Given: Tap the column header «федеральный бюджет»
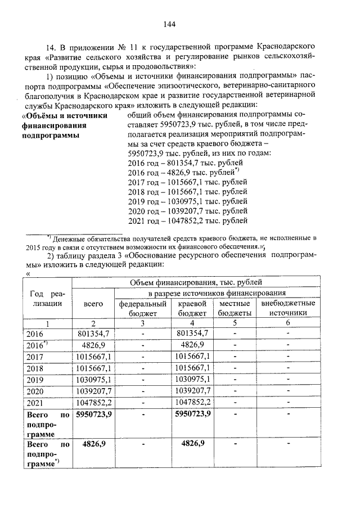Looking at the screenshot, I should tap(143, 308).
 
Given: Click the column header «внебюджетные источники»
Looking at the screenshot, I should tap(288, 308).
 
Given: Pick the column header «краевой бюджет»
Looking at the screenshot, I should tap(192, 308).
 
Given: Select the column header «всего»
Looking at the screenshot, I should tap(93, 303).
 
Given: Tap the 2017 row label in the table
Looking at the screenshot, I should tap(35, 357).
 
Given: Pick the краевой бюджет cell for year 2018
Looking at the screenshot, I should tap(192, 368).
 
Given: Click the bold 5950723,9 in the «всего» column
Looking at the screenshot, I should tap(93, 415).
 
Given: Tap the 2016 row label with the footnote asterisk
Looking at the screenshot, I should tap(37, 345).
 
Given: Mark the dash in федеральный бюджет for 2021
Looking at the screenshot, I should tap(143, 402).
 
